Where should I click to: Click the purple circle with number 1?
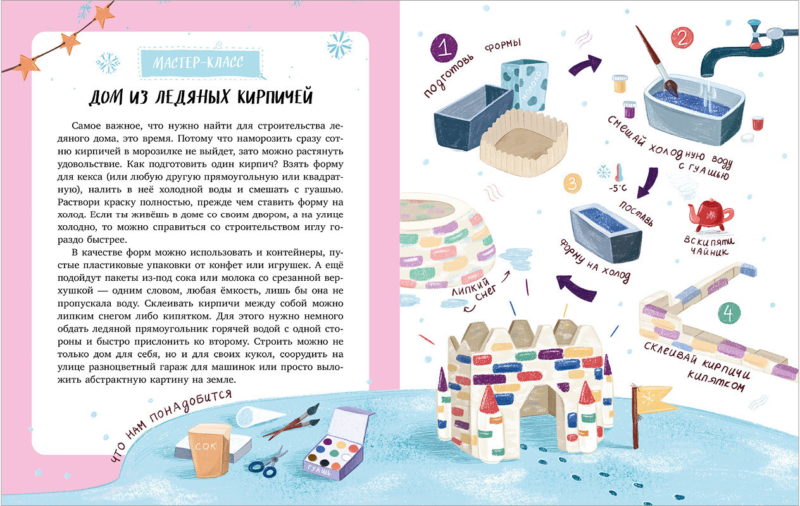tap(444, 48)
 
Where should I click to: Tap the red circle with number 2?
tap(682, 38)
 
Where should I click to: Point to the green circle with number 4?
tap(729, 313)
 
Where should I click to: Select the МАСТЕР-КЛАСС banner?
tap(199, 63)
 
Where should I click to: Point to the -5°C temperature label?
tap(618, 188)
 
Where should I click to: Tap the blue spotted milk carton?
tap(525, 85)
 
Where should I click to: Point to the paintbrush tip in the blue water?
tap(671, 88)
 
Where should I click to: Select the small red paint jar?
tap(758, 123)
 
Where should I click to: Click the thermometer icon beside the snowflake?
tap(619, 173)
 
